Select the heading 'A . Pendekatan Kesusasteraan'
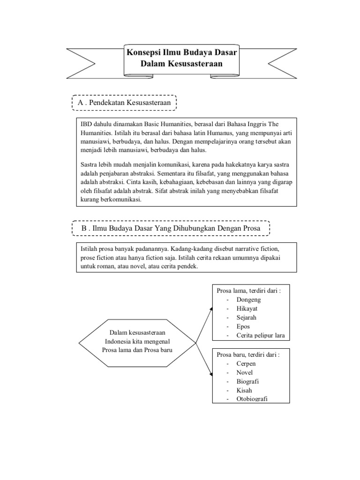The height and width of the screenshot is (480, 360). pos(124,103)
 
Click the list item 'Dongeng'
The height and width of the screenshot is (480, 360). pos(248,300)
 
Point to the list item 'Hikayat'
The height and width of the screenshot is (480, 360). pos(247,308)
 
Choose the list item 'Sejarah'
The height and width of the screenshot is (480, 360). pos(247,317)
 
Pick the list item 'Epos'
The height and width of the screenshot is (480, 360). pos(243,326)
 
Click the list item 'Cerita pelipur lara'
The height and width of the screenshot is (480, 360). pos(261,335)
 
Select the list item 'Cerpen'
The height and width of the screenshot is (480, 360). pos(246,363)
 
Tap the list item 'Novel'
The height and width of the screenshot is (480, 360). pos(245,372)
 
